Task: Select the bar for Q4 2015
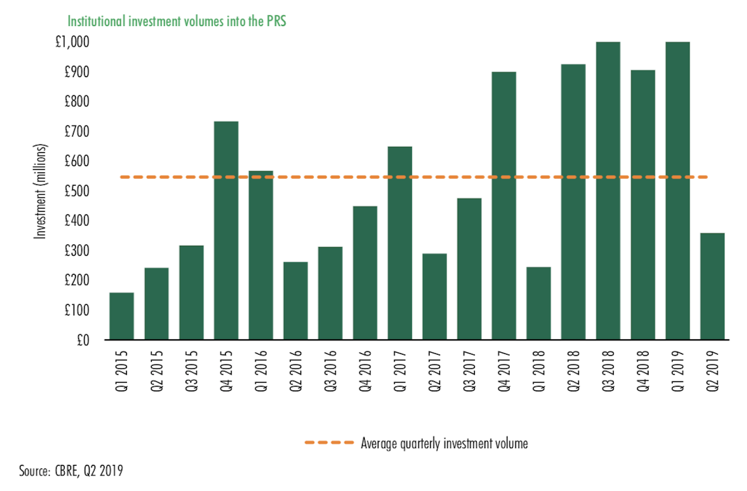tap(226, 230)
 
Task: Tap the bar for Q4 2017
tap(504, 205)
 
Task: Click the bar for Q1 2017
tap(400, 243)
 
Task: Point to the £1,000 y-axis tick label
tap(72, 42)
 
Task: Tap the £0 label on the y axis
tap(81, 340)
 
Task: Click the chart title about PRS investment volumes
tap(181, 21)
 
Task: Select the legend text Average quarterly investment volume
tap(444, 444)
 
